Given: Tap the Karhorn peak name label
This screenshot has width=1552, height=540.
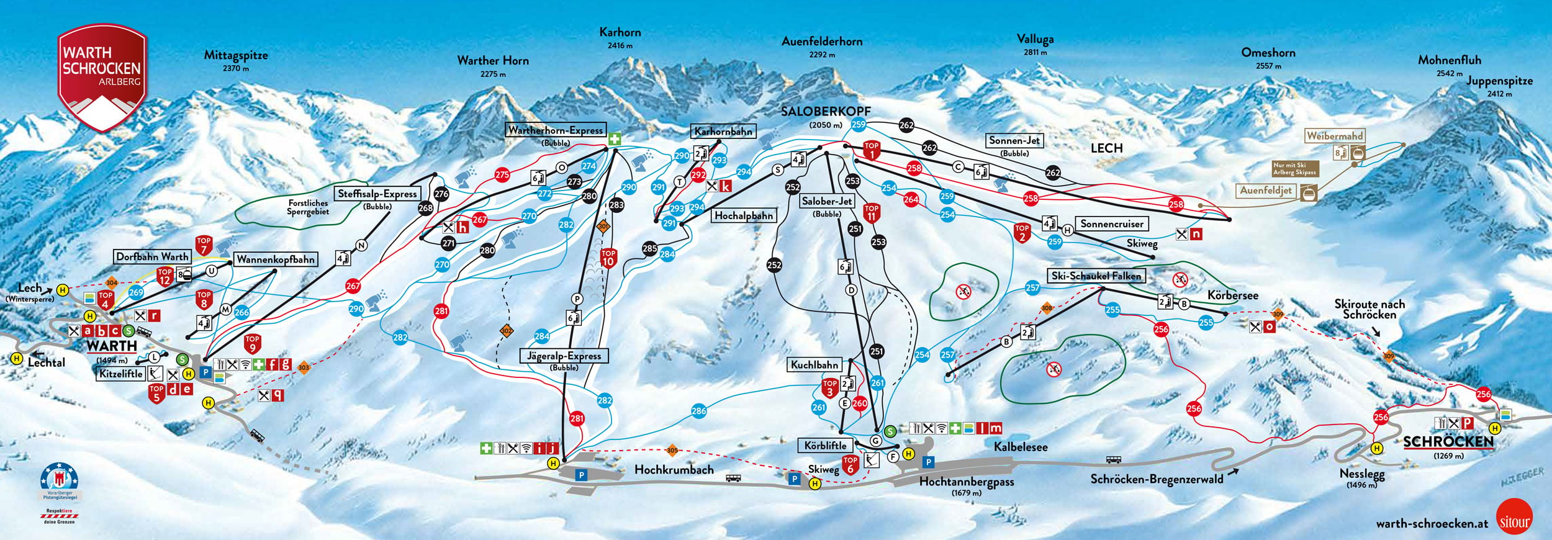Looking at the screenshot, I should [620, 32].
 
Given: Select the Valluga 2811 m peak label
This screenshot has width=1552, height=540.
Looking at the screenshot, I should [1035, 40].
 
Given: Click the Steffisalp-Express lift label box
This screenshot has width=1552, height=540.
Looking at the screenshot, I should [377, 194].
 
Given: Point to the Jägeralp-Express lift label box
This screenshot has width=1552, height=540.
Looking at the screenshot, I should [564, 356].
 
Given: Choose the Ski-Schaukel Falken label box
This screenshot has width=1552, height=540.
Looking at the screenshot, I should [1096, 276].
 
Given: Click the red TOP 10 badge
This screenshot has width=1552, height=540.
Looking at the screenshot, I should [608, 257].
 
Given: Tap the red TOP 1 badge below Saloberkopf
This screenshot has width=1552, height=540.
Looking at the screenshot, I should [872, 150].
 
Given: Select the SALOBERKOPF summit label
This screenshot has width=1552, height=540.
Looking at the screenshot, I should [825, 112].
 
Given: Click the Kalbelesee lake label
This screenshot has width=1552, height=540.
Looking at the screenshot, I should [1020, 447].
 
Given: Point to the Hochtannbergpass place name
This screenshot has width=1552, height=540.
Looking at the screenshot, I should [966, 482].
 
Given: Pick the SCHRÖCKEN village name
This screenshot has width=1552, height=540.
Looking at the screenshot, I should [1448, 442].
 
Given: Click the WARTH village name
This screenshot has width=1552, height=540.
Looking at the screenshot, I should [112, 346].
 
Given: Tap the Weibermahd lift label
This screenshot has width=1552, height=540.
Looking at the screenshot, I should [1334, 136].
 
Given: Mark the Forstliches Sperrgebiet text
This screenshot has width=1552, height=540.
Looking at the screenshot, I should [308, 207].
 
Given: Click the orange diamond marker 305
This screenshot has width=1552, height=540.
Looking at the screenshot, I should [672, 450].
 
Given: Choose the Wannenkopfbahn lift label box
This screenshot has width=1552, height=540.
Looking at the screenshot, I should [276, 259].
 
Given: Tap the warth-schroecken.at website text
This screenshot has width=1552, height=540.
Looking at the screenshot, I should [1432, 523].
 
